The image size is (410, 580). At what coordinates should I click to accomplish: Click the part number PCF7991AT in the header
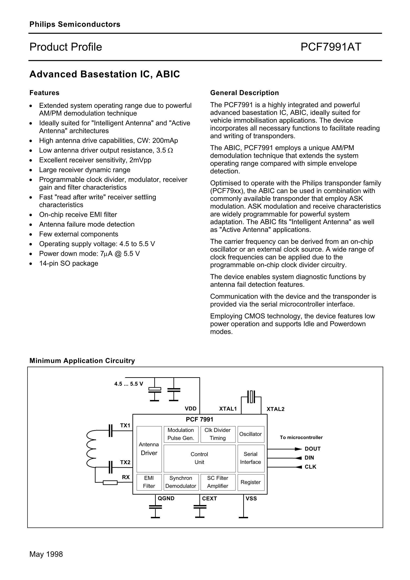pyautogui.click(x=331, y=47)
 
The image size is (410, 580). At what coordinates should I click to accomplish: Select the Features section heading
pyautogui.click(x=44, y=93)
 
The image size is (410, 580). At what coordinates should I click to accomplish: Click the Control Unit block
pyautogui.click(x=199, y=458)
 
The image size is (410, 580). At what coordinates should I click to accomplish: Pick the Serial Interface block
pyautogui.click(x=250, y=458)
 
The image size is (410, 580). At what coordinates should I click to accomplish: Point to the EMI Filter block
pyautogui.click(x=149, y=482)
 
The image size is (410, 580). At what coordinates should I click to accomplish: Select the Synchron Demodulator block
pyautogui.click(x=181, y=482)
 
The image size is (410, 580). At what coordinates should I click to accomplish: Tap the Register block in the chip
pyautogui.click(x=250, y=482)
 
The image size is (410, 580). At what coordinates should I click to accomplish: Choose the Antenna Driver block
pyautogui.click(x=149, y=449)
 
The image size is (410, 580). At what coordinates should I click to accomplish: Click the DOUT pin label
pyautogui.click(x=313, y=449)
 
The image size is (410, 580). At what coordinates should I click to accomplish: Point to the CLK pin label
pyautogui.click(x=310, y=467)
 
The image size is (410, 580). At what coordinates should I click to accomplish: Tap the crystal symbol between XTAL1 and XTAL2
pyautogui.click(x=251, y=397)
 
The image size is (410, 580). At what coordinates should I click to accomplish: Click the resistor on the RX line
pyautogui.click(x=110, y=483)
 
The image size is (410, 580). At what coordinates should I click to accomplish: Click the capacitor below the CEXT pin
pyautogui.click(x=200, y=507)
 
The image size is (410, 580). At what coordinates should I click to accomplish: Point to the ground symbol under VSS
pyautogui.click(x=243, y=517)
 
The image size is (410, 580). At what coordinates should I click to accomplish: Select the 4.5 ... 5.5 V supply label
pyautogui.click(x=128, y=384)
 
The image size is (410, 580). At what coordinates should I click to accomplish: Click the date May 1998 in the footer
pyautogui.click(x=46, y=554)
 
